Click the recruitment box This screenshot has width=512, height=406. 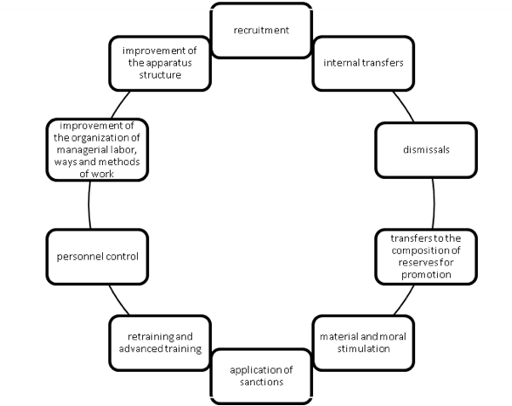point(261,31)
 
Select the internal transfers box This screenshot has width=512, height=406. point(364,64)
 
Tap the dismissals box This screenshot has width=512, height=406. point(427,150)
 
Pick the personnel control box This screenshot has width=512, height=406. point(98,257)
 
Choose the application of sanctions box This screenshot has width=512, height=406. point(261,376)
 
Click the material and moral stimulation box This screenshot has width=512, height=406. point(364,343)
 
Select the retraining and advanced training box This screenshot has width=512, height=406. point(160,343)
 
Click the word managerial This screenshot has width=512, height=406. point(78,150)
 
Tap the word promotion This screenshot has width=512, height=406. point(427,274)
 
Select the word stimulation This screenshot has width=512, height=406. point(364,348)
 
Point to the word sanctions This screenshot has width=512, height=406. point(261,382)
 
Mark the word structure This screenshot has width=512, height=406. point(160,75)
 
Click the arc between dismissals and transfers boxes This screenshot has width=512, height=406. point(433,203)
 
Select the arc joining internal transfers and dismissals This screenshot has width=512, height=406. point(404,106)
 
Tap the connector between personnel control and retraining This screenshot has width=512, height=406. point(119,300)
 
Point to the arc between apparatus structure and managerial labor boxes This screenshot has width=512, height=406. point(119,104)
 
